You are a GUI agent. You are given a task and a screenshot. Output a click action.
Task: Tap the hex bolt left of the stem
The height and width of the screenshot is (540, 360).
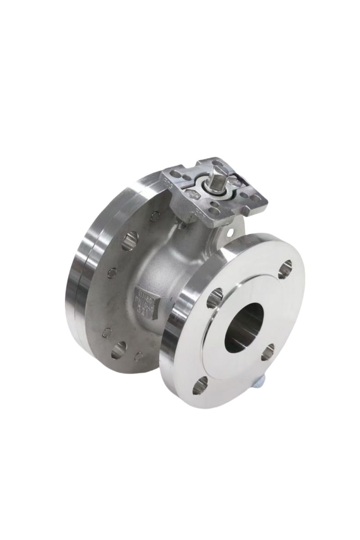pos(192,194)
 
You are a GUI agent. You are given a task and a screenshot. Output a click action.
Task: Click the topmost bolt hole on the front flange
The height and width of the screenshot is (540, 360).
pos(285,268)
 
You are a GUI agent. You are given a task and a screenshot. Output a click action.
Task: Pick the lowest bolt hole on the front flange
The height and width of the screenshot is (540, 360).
pos(201,384)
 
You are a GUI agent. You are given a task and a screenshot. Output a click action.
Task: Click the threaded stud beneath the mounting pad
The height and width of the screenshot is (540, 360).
pos(181,225)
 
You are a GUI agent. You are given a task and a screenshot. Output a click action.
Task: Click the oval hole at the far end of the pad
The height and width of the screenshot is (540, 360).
pos(217,162)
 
